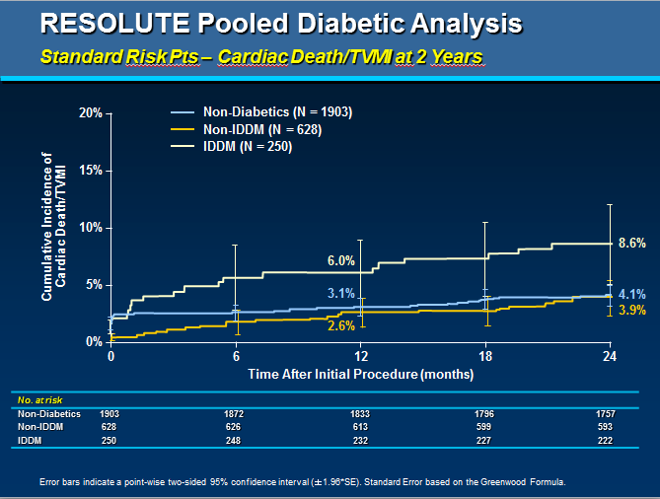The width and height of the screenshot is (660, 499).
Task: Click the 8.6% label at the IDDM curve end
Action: pos(631,243)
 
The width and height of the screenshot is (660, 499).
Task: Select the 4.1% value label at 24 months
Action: pos(631,293)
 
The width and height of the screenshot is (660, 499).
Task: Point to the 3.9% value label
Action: pos(631,311)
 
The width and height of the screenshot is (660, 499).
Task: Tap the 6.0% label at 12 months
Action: pos(340,261)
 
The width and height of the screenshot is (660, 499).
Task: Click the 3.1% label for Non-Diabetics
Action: pos(340,294)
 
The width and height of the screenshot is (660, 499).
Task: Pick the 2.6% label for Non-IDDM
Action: pos(340,325)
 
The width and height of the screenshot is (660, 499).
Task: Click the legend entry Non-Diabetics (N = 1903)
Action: pos(277,111)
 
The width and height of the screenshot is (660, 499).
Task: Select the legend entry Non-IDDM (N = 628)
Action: pos(261,129)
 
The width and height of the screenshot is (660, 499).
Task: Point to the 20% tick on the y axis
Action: pos(91,113)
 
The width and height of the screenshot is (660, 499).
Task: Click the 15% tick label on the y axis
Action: pos(91,171)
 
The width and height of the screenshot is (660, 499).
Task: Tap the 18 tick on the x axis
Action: pos(484,356)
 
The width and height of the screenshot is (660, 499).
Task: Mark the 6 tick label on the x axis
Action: pos(236,356)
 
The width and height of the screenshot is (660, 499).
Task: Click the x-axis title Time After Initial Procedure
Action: pos(359,375)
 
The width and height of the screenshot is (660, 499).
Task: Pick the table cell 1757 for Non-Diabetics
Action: pos(605,414)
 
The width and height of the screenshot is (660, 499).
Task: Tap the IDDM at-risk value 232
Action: pos(359,439)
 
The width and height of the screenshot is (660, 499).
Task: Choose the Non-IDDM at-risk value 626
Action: pos(235,426)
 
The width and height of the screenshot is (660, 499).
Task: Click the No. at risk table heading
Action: pos(37,401)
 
